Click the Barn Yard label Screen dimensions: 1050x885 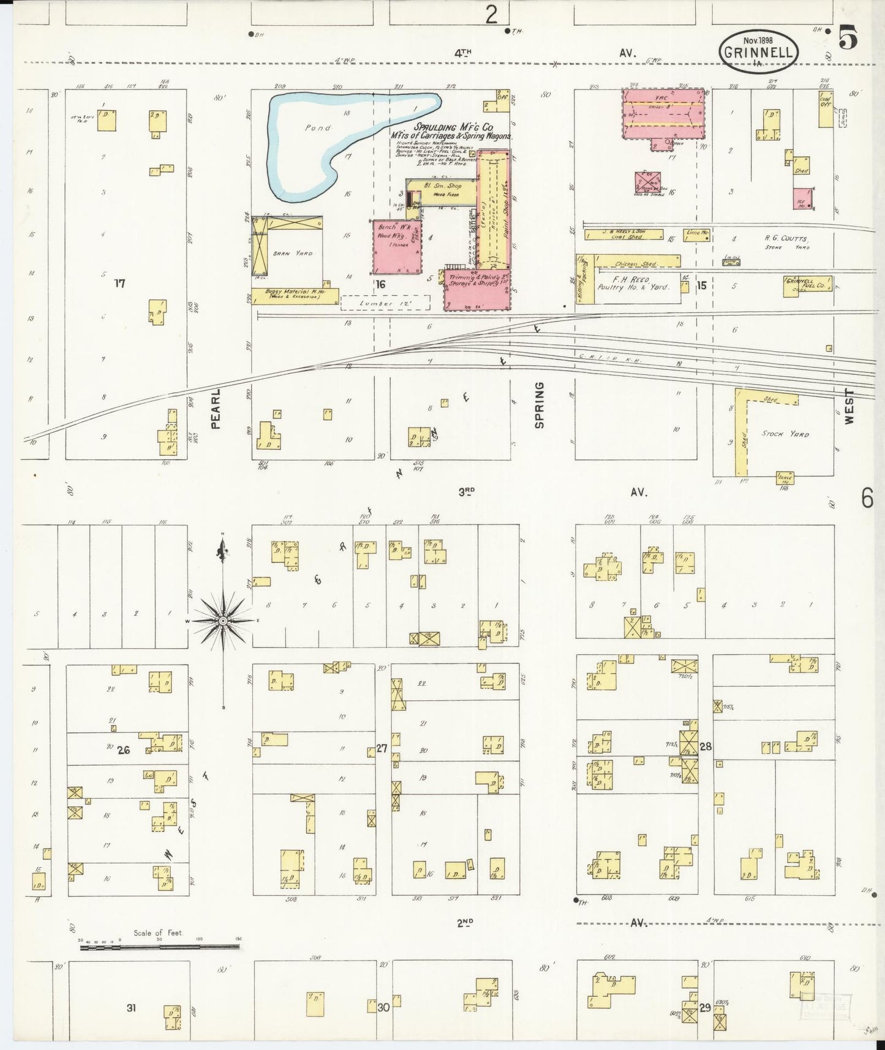point(301,253)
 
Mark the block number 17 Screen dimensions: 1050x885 point(119,283)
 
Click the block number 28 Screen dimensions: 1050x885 point(706,747)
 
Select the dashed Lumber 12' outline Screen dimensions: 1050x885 point(385,303)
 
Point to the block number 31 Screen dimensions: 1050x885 point(131,1007)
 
